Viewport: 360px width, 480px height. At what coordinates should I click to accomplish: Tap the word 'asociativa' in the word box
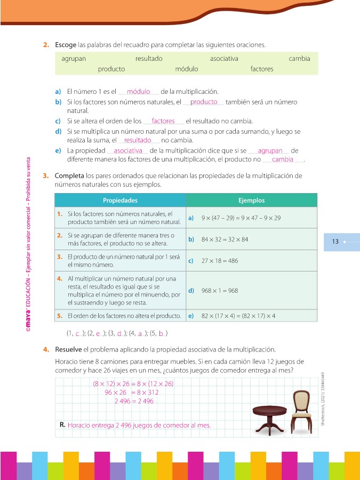point(224,59)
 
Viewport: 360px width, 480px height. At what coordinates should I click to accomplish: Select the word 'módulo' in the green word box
point(187,69)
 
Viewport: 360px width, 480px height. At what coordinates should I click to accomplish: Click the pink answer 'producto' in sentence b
point(204,102)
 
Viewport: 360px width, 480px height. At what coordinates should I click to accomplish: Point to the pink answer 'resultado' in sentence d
point(138,140)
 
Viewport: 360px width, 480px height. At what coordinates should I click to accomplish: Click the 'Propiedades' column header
point(120,201)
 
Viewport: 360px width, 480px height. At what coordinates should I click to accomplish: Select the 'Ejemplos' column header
point(251,201)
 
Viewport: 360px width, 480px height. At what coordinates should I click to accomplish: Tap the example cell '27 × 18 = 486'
point(220,261)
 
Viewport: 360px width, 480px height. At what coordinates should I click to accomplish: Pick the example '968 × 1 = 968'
point(220,291)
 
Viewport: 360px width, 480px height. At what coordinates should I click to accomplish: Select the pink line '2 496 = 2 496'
point(134,401)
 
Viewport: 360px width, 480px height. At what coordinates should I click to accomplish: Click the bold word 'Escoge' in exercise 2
point(66,44)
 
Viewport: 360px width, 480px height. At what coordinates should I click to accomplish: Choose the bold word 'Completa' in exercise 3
point(69,175)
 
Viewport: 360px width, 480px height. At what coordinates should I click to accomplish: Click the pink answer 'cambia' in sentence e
point(283,159)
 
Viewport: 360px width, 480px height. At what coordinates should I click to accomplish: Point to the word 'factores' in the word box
point(262,69)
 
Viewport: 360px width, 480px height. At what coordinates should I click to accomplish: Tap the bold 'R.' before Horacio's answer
point(63,425)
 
